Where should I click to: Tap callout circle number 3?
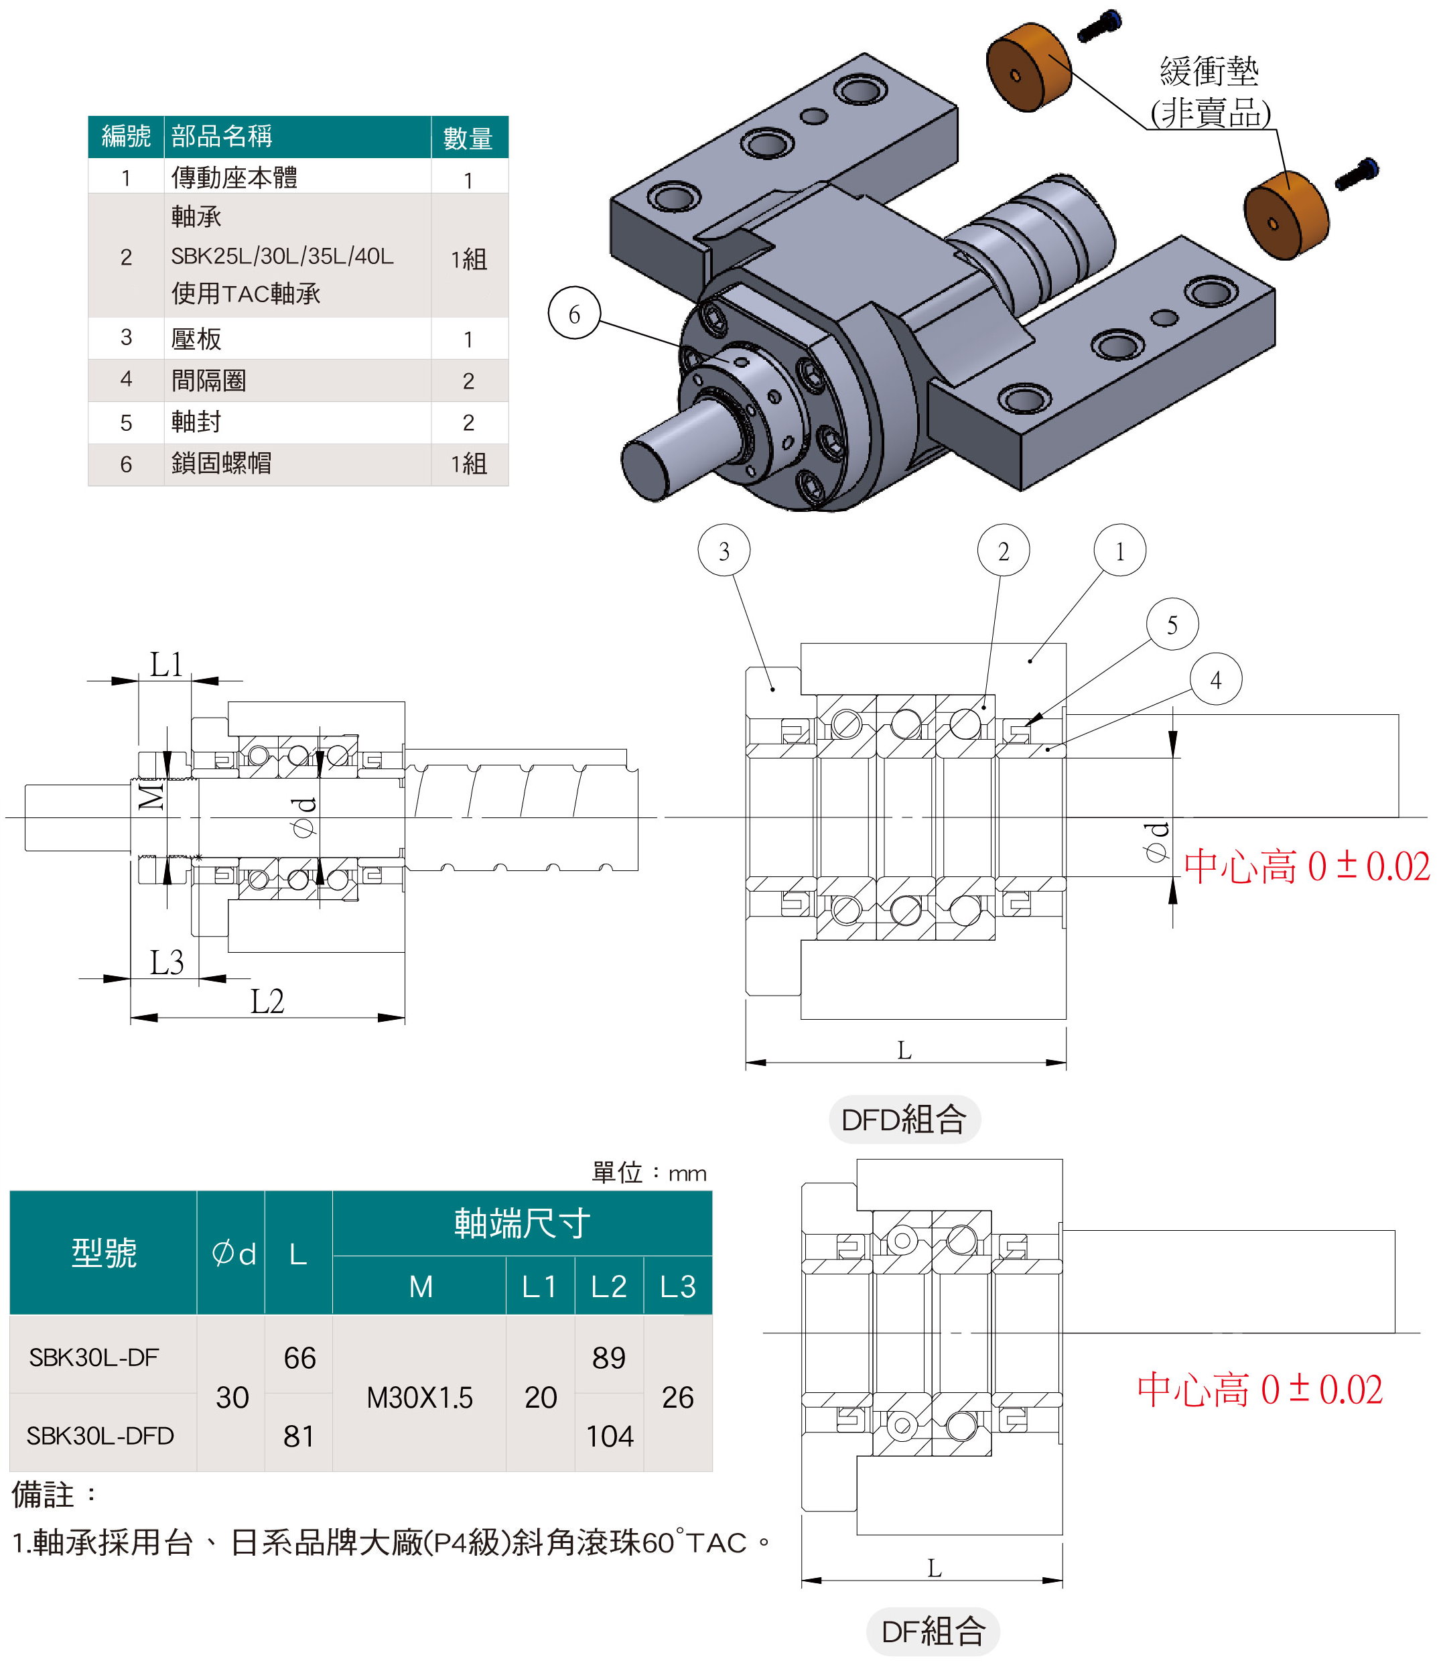pyautogui.click(x=724, y=550)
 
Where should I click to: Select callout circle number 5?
pyautogui.click(x=1171, y=624)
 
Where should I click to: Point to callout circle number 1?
pyautogui.click(x=1119, y=550)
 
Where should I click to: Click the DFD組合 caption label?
pyautogui.click(x=904, y=1119)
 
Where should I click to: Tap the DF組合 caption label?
pyautogui.click(x=932, y=1631)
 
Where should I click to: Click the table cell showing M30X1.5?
pyautogui.click(x=419, y=1397)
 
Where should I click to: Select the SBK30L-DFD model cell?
pyautogui.click(x=100, y=1435)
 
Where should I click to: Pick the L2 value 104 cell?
pyautogui.click(x=609, y=1435)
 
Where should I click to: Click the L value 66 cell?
pyautogui.click(x=299, y=1358)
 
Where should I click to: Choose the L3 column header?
pyautogui.click(x=677, y=1286)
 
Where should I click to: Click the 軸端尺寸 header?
pyautogui.click(x=522, y=1223)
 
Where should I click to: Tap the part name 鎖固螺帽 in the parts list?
pyautogui.click(x=222, y=463)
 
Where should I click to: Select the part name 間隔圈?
pyautogui.click(x=208, y=380)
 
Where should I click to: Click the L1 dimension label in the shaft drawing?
pyautogui.click(x=167, y=665)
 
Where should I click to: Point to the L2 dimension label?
pyautogui.click(x=267, y=1001)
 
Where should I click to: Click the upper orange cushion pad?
pyautogui.click(x=1028, y=68)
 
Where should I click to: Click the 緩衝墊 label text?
pyautogui.click(x=1209, y=72)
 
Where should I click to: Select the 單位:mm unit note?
pyautogui.click(x=649, y=1173)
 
